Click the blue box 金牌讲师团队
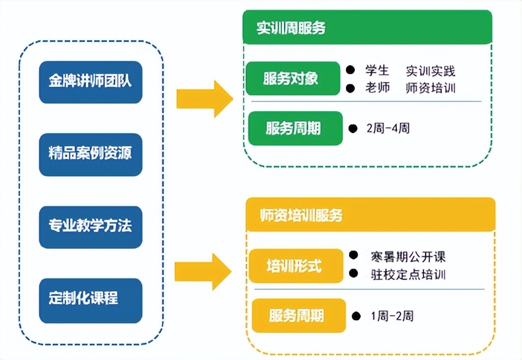click(x=90, y=82)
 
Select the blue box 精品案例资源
click(x=90, y=154)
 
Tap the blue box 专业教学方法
click(x=90, y=226)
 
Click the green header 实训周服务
click(x=367, y=28)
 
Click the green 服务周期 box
click(x=295, y=128)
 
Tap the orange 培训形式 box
click(x=295, y=267)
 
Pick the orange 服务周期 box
click(x=298, y=316)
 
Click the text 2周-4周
click(x=388, y=128)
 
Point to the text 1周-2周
click(x=392, y=316)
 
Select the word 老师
click(x=377, y=88)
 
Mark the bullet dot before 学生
click(x=350, y=69)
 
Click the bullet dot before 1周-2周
click(x=356, y=316)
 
